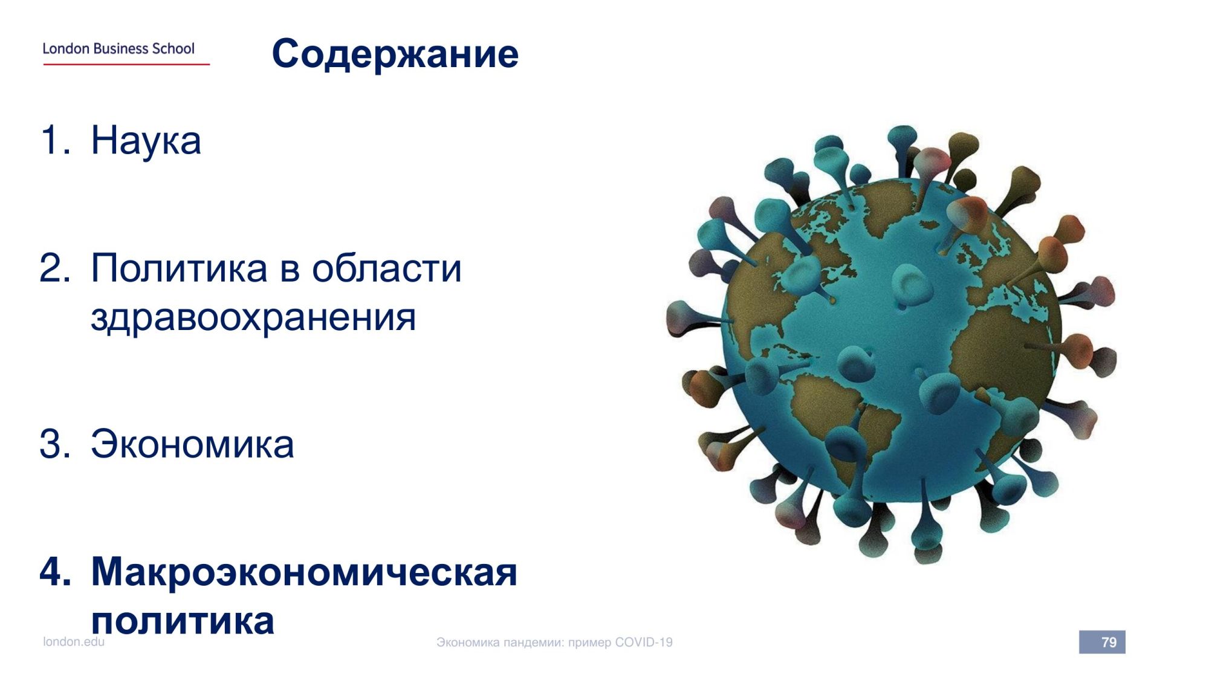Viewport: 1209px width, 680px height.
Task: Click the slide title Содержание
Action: [x=395, y=54]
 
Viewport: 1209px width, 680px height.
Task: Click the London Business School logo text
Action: [x=118, y=48]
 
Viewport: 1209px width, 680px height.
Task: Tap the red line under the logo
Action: [x=126, y=64]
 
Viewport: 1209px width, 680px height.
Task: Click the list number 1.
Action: [x=53, y=140]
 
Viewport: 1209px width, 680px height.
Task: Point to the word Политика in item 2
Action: [x=180, y=268]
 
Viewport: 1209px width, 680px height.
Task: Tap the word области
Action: [x=386, y=268]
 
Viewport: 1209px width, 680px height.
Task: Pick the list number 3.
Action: [x=54, y=444]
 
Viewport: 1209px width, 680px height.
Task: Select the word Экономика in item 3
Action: [x=192, y=444]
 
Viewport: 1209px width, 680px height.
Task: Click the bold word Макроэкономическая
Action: [x=304, y=571]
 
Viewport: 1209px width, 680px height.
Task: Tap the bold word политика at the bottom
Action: [x=183, y=621]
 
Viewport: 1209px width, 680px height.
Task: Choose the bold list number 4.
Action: [x=55, y=571]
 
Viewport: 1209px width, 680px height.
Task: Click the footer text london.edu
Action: [x=74, y=642]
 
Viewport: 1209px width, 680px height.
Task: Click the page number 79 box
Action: [x=1102, y=642]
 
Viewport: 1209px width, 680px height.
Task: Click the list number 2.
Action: [x=54, y=268]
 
